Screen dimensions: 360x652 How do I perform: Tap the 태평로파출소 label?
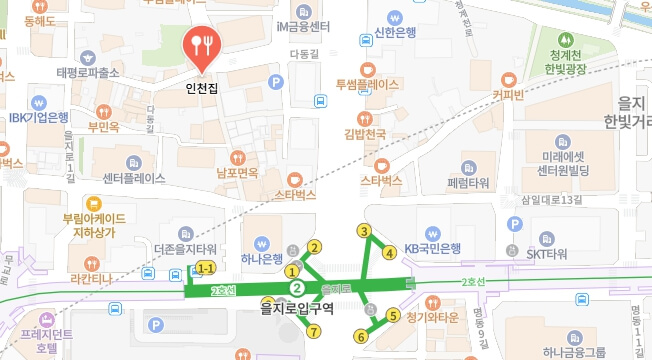(88, 72)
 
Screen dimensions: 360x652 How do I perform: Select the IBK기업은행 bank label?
(39, 117)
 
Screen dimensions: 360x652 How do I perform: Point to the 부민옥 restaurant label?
(104, 127)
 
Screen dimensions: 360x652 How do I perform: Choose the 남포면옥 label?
(237, 172)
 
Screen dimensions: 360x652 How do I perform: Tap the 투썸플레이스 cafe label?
(367, 84)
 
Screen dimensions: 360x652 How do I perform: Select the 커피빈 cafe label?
(509, 95)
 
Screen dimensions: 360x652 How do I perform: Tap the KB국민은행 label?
(432, 248)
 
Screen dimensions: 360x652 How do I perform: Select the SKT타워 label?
(546, 254)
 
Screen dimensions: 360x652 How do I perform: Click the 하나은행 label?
(260, 259)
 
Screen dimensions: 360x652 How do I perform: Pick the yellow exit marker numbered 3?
(365, 232)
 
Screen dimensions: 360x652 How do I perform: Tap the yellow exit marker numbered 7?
(314, 331)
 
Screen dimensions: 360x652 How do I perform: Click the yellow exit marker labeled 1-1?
(206, 268)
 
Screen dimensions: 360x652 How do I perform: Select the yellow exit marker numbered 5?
(393, 316)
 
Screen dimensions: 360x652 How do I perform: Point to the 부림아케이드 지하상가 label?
(93, 224)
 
